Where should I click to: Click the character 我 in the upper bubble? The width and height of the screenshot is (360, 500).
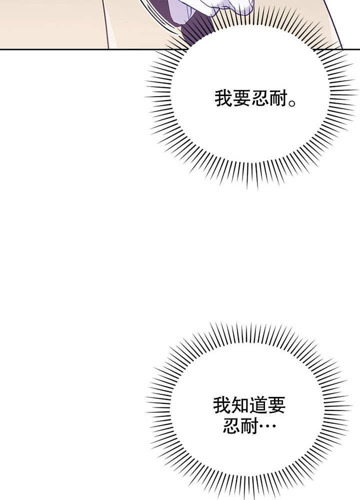coord(223,98)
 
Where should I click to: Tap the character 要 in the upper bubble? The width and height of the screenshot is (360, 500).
coord(242,98)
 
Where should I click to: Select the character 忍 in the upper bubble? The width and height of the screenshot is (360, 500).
coord(260,98)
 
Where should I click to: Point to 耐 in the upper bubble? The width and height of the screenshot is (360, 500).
coord(279,98)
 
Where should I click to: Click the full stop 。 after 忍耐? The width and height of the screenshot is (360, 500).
coord(292,103)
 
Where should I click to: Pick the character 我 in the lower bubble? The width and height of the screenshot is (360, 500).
coord(222,405)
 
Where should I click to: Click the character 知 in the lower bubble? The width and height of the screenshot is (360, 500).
coord(240,405)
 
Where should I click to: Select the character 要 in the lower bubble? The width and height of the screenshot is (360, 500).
coord(276,405)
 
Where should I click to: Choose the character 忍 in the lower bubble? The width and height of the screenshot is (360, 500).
coord(231,425)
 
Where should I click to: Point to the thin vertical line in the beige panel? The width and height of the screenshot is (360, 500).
coord(106,24)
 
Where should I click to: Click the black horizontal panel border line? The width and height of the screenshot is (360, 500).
coord(180,50)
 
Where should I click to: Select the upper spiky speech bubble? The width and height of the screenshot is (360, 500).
coord(251,99)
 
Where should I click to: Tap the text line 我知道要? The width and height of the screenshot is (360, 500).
coord(249,405)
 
